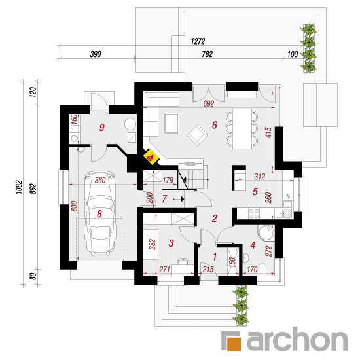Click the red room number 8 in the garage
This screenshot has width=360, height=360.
99,214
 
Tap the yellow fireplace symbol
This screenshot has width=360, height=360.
151,157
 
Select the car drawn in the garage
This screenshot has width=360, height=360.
99,213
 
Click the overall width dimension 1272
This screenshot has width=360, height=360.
198,41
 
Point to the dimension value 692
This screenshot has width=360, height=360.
208,104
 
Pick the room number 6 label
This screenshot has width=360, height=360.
215,125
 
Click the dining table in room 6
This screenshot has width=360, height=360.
242,129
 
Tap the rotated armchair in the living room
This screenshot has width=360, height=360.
198,135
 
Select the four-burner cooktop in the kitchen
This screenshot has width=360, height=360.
254,213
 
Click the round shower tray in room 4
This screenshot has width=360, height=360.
266,232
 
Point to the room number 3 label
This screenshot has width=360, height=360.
171,243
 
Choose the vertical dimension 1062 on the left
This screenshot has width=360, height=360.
19,187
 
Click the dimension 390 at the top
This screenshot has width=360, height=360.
96,54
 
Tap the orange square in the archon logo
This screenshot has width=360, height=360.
234,344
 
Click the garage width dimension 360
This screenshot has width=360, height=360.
100,180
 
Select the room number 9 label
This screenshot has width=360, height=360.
101,127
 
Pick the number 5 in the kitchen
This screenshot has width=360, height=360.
255,192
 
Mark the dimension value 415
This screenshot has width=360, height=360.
268,133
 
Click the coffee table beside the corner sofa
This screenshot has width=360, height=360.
171,123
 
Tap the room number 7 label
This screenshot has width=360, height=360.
164,199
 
